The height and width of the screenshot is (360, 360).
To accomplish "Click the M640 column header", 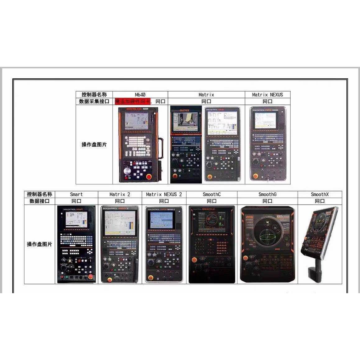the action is [140, 95].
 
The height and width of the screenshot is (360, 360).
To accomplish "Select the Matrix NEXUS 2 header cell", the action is [164, 194].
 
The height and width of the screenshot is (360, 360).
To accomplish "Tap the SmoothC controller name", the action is [212, 194].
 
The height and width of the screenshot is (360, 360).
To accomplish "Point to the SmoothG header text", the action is [267, 194].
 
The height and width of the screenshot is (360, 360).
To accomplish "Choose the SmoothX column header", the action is [320, 194].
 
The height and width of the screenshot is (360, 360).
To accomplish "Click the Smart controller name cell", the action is [76, 194].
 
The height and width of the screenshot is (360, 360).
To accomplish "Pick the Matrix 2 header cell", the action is [120, 194].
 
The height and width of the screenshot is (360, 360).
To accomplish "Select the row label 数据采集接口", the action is [94, 101].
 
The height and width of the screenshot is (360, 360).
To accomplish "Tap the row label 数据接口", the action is [39, 201].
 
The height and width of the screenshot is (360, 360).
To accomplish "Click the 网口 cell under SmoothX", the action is [320, 201].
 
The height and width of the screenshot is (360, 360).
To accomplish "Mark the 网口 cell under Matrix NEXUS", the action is [267, 101].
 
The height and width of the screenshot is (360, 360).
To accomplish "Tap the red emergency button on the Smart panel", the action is [90, 276].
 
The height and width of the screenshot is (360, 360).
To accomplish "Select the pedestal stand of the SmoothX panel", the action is [314, 270].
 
